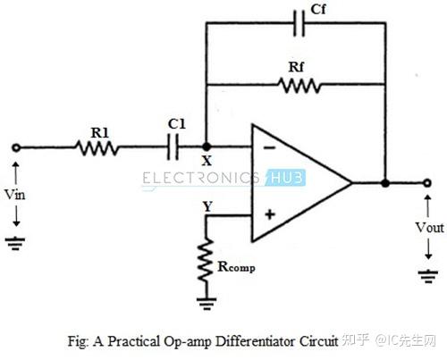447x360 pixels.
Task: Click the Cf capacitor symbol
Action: tap(299, 23)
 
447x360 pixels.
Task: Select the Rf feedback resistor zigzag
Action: tap(299, 86)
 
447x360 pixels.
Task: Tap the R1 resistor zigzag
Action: tap(97, 148)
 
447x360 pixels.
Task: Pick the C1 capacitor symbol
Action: tap(173, 147)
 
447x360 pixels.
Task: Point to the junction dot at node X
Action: tap(207, 147)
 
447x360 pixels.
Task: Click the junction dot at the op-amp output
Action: tap(385, 183)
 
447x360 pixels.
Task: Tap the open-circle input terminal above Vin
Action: tap(16, 147)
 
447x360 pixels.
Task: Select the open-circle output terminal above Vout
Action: tap(427, 183)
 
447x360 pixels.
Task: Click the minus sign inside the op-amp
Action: tap(270, 147)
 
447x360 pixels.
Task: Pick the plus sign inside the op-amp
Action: tap(270, 214)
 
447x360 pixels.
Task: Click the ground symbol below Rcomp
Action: tap(207, 304)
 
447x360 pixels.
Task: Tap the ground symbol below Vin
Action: tap(15, 243)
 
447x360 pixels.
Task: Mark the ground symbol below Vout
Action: tap(428, 276)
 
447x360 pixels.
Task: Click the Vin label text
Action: tap(14, 195)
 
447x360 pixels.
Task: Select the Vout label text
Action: tap(430, 228)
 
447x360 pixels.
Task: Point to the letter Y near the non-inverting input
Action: tap(207, 206)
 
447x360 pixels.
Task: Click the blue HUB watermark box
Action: tap(285, 178)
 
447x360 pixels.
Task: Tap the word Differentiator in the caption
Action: tap(256, 341)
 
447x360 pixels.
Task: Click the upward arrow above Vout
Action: tap(428, 205)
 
